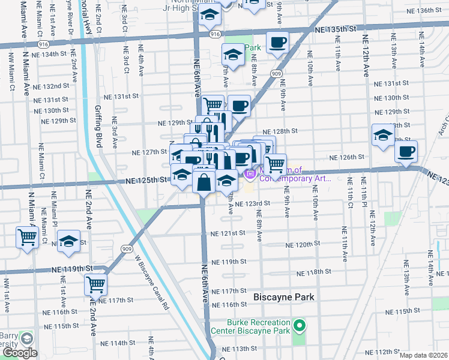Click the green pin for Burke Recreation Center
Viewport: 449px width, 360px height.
(301, 326)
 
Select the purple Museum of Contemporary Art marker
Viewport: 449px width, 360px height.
(249, 173)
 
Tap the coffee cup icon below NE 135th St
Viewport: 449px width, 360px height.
(277, 43)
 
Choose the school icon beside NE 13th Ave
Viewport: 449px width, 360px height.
(382, 135)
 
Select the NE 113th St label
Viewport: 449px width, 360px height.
(243, 349)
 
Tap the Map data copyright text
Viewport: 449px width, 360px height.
(423, 355)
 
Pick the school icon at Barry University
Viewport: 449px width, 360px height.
(26, 338)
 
